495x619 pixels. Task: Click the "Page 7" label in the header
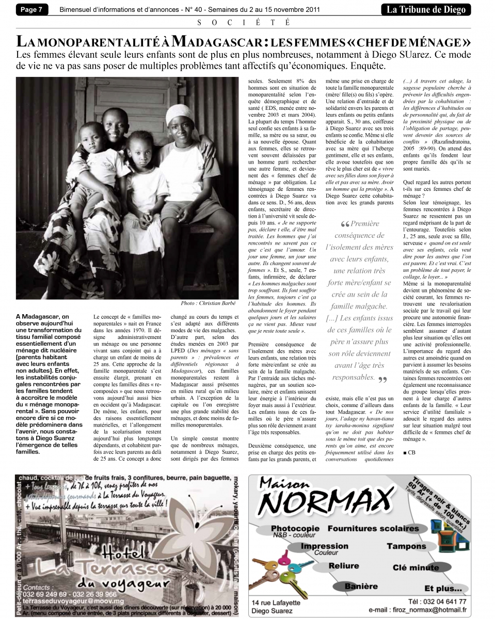point(31,9)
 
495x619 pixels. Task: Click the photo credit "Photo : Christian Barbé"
point(205,303)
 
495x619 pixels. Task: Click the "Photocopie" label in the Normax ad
point(295,529)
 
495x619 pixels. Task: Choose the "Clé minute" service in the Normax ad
point(416,567)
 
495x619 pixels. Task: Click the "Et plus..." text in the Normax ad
point(442,588)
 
